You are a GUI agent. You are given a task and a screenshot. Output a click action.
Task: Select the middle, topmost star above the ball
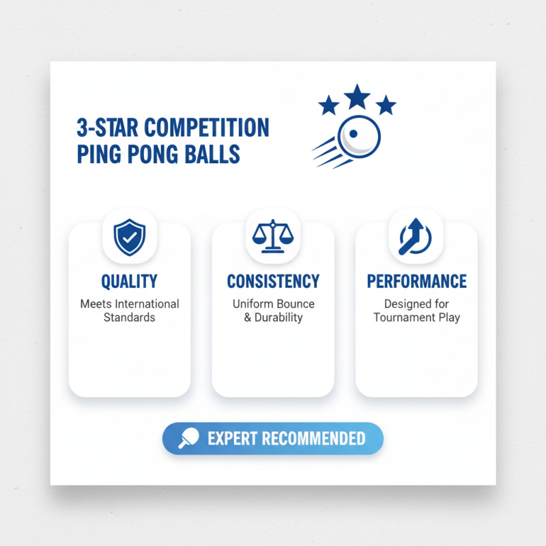[357, 97]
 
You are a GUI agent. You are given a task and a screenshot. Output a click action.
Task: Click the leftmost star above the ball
[329, 105]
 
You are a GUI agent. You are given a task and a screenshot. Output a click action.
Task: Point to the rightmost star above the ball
[386, 105]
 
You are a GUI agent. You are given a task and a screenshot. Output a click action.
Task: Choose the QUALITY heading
[129, 281]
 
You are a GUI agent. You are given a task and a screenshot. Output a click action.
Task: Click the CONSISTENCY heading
[273, 281]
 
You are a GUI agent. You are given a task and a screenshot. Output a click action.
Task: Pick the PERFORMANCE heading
[416, 281]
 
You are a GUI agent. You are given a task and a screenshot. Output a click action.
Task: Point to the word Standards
[130, 317]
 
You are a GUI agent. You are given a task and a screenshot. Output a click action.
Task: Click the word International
[146, 304]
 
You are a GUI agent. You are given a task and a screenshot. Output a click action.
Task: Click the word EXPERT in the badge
[229, 438]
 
